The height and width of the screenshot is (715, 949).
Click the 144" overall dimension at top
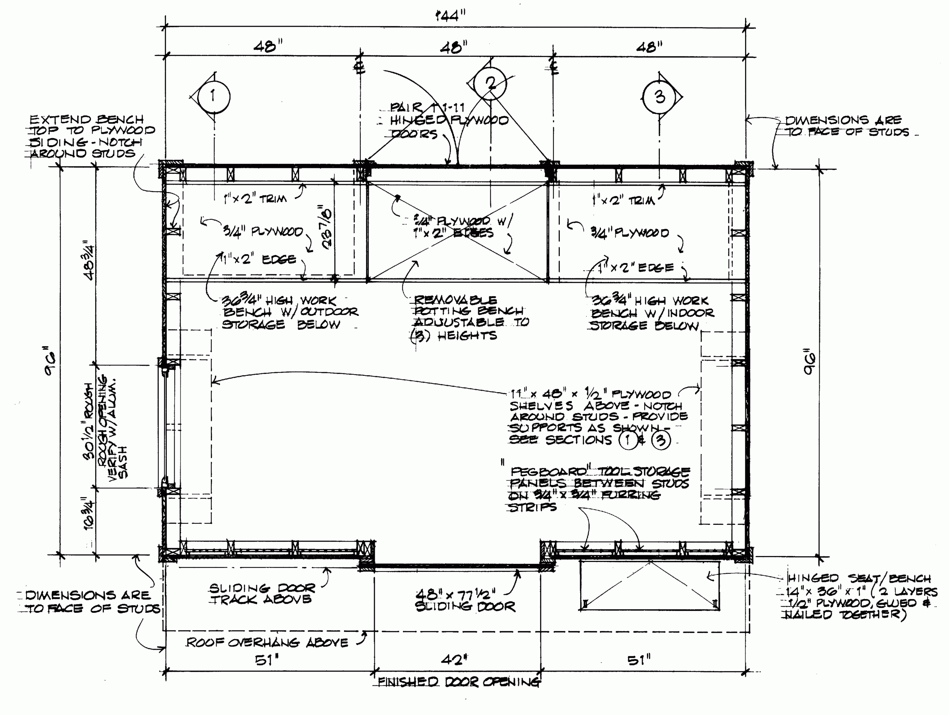tap(450, 16)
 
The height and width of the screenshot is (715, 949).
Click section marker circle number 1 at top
tap(213, 96)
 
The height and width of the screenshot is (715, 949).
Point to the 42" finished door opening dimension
tap(454, 659)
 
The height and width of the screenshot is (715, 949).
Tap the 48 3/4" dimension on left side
tap(89, 260)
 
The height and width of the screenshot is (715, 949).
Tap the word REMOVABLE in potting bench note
tap(455, 300)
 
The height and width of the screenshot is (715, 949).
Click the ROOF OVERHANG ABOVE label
tap(267, 642)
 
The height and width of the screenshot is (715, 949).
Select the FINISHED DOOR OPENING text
tap(458, 682)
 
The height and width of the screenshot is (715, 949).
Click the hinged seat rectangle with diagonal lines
tap(649, 585)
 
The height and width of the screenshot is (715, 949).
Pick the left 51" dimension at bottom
tap(267, 660)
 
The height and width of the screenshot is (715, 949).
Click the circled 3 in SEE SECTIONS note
tap(661, 440)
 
